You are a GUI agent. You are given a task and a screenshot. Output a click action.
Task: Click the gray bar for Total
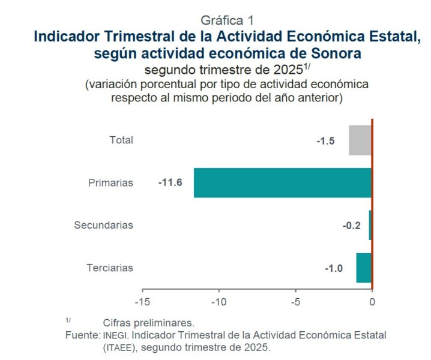click(x=360, y=140)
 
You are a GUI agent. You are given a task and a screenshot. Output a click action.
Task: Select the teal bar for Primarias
click(x=282, y=182)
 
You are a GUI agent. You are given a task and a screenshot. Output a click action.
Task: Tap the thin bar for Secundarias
click(x=370, y=225)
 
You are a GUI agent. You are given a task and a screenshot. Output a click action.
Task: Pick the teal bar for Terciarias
click(x=364, y=268)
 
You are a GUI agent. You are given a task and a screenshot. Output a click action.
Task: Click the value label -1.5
click(x=325, y=141)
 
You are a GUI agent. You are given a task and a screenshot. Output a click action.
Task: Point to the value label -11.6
click(x=170, y=182)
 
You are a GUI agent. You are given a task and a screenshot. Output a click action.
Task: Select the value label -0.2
click(x=351, y=226)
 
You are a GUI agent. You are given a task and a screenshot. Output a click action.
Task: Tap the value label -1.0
click(x=334, y=268)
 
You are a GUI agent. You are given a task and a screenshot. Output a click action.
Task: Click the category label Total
click(x=121, y=140)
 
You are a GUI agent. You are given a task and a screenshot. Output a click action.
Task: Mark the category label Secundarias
click(x=103, y=226)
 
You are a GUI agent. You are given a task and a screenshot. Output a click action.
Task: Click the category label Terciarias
click(x=109, y=268)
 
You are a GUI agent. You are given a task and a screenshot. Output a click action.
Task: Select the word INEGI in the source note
click(x=113, y=335)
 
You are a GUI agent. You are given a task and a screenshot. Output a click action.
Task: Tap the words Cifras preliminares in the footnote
click(x=149, y=322)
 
